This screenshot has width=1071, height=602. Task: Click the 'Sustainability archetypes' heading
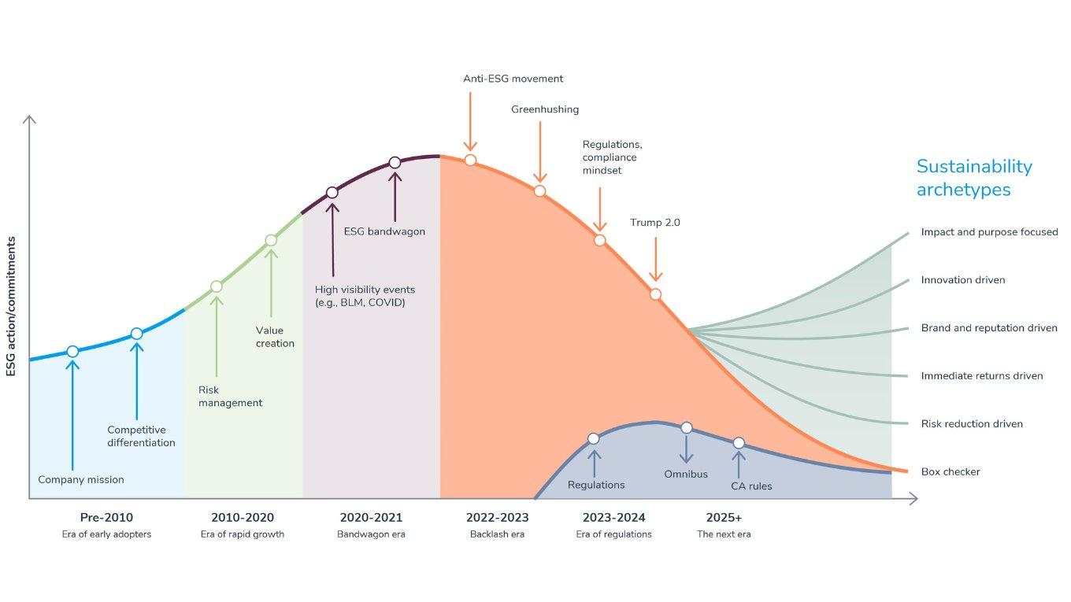[973, 178]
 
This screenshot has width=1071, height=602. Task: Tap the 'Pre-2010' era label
[106, 518]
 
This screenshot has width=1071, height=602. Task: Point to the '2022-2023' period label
[497, 518]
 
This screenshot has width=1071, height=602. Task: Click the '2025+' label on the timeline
[724, 518]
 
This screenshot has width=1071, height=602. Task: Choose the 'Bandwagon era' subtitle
[371, 535]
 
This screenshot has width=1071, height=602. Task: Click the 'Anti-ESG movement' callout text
[513, 79]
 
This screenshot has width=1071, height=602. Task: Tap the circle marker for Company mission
[72, 352]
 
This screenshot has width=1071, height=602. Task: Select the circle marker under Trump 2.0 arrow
[655, 294]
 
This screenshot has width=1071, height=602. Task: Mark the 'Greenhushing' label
[545, 109]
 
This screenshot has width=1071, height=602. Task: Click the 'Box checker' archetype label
[951, 472]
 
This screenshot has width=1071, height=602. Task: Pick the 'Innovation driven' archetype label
[962, 280]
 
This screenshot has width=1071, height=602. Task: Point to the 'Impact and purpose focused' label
[989, 232]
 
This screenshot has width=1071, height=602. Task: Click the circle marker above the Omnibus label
[687, 427]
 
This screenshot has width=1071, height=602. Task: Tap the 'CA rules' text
[751, 486]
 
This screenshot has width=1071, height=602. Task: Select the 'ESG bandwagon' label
[384, 232]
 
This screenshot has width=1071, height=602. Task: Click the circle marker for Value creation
[271, 240]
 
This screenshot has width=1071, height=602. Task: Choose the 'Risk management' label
[230, 397]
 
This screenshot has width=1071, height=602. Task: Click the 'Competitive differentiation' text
[141, 436]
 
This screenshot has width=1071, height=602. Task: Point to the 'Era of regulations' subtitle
[613, 535]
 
